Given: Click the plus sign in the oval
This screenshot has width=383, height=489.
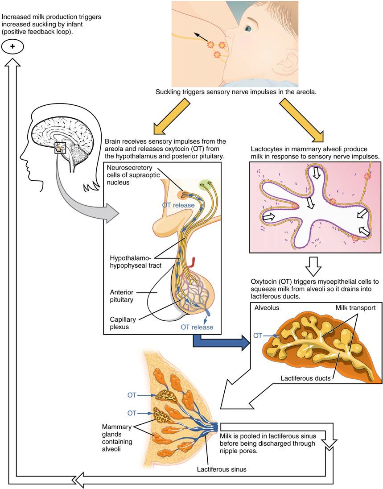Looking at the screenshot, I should [12, 46].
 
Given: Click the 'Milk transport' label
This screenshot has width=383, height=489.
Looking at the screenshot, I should [354, 308].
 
